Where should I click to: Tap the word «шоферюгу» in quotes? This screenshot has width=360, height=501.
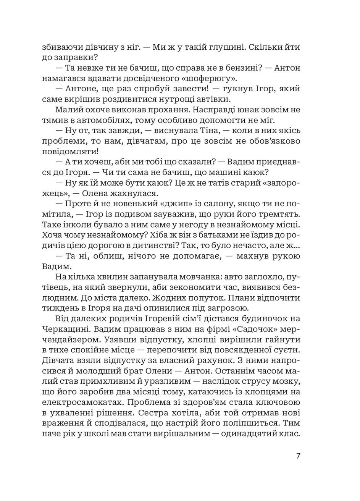click(x=209, y=79)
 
